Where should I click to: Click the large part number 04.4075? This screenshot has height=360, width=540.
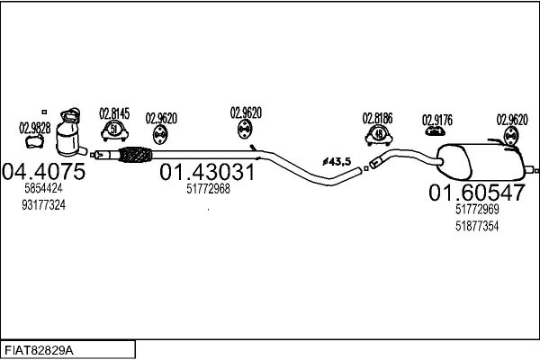click(x=44, y=171)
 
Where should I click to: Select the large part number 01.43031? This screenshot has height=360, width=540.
click(x=207, y=172)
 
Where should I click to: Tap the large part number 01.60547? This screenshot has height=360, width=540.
click(x=477, y=193)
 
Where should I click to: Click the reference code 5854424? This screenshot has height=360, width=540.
click(x=43, y=188)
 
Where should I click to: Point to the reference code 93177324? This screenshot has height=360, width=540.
click(x=44, y=205)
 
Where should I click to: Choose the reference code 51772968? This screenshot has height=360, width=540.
click(x=209, y=189)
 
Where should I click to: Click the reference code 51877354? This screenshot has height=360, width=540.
click(x=477, y=226)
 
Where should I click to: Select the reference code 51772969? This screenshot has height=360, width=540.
click(x=477, y=209)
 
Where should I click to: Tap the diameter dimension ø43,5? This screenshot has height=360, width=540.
click(x=337, y=161)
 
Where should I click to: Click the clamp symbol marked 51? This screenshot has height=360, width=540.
click(x=114, y=131)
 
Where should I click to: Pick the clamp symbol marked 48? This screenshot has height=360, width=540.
click(x=379, y=135)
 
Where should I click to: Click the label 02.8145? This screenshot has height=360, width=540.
click(x=114, y=113)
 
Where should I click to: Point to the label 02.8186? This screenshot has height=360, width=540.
click(x=377, y=118)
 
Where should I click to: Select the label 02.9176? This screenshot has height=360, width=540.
click(x=437, y=121)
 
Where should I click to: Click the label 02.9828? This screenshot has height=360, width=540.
click(x=35, y=128)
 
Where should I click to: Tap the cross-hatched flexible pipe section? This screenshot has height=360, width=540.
click(x=135, y=155)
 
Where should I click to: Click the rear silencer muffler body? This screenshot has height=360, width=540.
click(x=481, y=162)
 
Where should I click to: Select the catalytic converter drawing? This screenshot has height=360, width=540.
click(x=70, y=133)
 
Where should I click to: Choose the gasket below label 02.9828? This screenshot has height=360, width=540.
click(x=35, y=141)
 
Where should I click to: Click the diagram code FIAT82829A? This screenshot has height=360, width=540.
click(x=39, y=351)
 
